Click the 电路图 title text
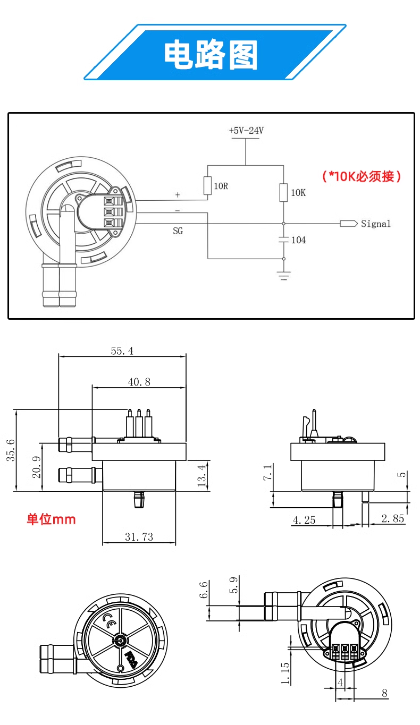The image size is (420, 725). click(211, 55)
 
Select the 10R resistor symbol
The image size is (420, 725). click(207, 186)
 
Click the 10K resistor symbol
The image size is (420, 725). click(283, 192)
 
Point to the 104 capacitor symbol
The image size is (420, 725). click(283, 240)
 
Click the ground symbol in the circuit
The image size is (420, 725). click(283, 274)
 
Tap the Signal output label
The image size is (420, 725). click(375, 224)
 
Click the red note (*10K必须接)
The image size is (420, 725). click(362, 176)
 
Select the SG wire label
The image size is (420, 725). click(178, 231)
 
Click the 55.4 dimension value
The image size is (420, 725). click(122, 351)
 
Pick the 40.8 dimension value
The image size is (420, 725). click(139, 381)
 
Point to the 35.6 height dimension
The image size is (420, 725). click(11, 450)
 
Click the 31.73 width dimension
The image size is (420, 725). click(139, 537)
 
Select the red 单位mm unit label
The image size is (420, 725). click(52, 519)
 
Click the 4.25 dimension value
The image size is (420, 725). click(304, 519)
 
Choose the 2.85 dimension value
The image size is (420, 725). click(393, 518)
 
